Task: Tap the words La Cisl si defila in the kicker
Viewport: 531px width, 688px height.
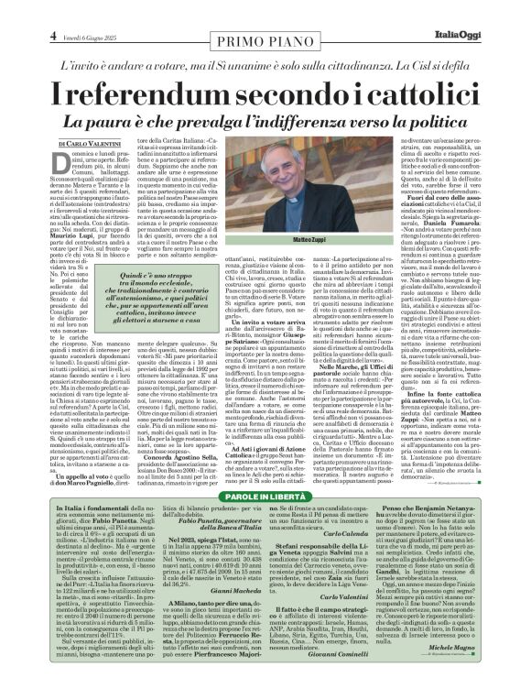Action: click(434, 67)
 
